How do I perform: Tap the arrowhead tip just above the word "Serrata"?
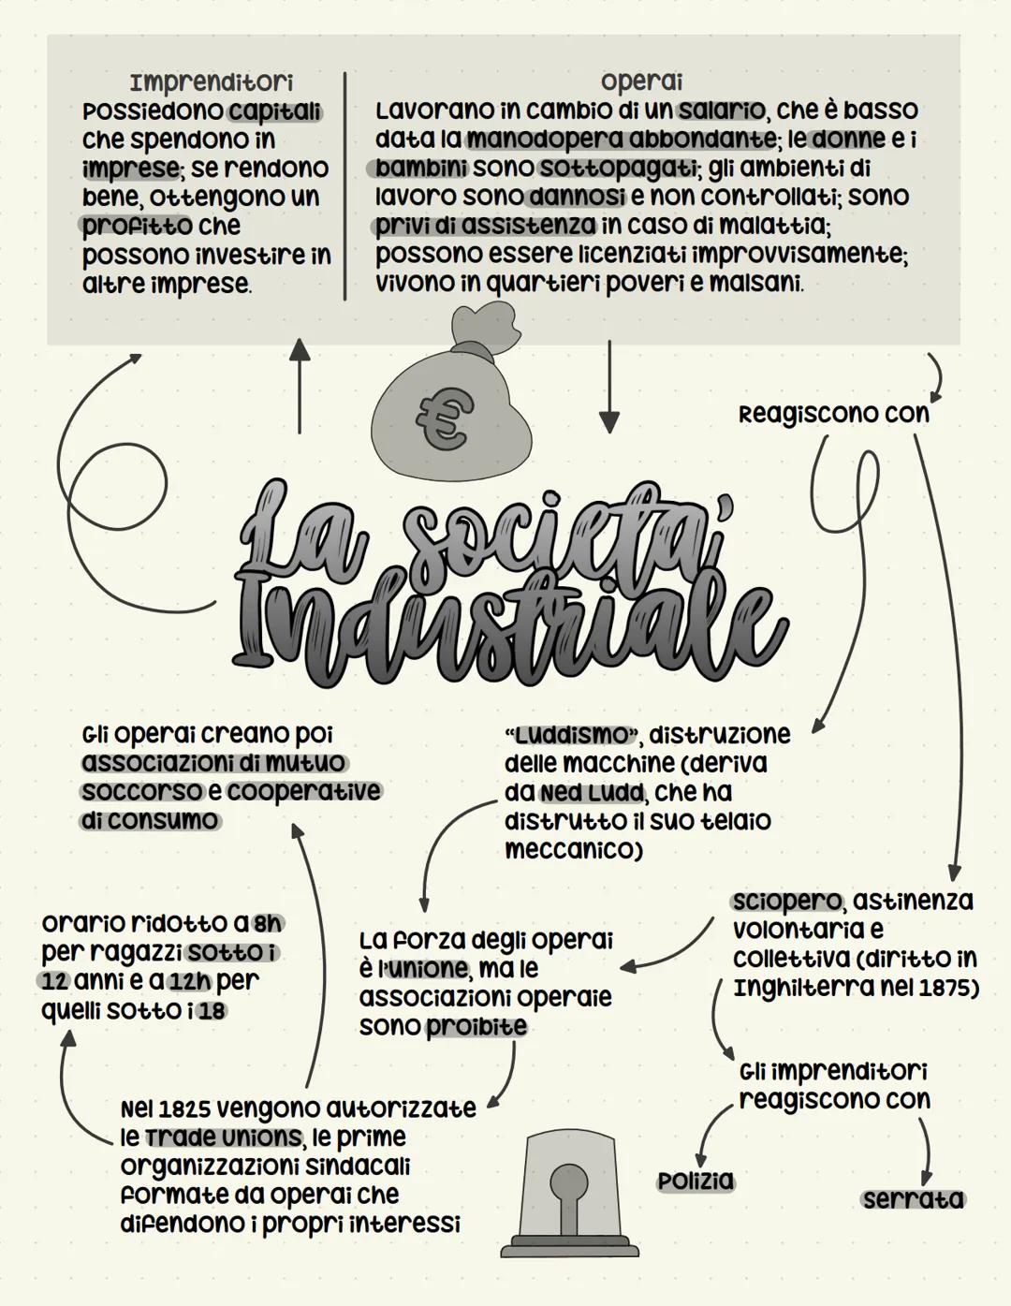[926, 1184]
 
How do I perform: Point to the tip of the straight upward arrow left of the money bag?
[300, 339]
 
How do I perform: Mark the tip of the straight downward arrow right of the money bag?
[609, 433]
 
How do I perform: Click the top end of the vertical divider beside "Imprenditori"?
[344, 73]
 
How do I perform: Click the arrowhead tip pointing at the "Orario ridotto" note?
[68, 1032]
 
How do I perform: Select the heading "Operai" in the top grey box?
[641, 81]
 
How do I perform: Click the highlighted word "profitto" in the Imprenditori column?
[137, 226]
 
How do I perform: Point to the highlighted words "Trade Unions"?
[223, 1137]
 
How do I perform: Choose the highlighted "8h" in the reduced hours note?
[268, 923]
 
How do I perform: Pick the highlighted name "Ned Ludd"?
[592, 793]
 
